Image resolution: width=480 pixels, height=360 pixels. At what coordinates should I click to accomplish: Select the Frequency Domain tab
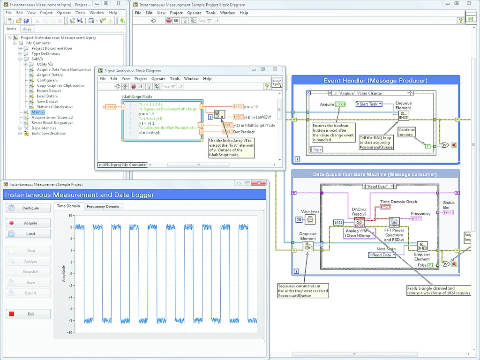[x=103, y=206]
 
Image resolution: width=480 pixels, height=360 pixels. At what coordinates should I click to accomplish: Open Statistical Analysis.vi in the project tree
[x=54, y=107]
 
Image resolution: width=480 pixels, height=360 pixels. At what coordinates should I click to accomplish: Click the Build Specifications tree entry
[x=48, y=133]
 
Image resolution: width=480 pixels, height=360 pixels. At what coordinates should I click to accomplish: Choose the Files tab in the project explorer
[x=27, y=29]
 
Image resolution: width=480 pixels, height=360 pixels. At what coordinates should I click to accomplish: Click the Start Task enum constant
[x=369, y=104]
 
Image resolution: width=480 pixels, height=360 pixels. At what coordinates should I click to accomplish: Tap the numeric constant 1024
[x=340, y=222]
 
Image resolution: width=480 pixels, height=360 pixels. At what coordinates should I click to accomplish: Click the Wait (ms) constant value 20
[x=298, y=220]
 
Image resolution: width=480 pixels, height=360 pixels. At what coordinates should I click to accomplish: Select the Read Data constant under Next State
[x=382, y=255]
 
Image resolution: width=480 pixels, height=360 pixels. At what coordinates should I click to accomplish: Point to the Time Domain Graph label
[x=398, y=202]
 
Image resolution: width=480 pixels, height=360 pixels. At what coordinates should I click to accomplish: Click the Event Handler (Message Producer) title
[x=375, y=81]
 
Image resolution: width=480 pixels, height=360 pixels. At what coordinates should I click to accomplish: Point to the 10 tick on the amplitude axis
[x=70, y=216]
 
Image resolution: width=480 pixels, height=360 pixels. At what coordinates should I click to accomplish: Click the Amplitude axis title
[x=64, y=274]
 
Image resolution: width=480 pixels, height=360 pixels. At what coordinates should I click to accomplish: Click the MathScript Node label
[x=137, y=97]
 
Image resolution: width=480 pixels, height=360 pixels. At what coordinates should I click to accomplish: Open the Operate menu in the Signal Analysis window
[x=158, y=79]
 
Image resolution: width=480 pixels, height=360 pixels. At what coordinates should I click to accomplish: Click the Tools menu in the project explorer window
[x=80, y=13]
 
